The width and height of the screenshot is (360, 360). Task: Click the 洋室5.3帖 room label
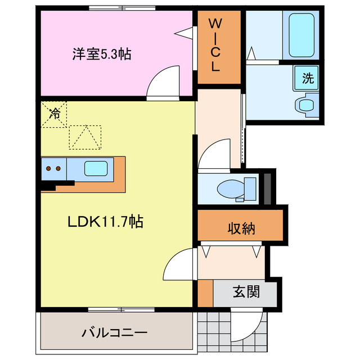[x=101, y=54]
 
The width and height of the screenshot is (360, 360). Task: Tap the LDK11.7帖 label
[x=105, y=222]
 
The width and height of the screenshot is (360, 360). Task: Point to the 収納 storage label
[x=241, y=228]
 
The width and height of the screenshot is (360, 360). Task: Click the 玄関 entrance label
[x=246, y=292]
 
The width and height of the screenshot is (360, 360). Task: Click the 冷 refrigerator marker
[x=55, y=113]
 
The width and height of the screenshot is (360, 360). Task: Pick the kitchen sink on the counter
[x=96, y=168]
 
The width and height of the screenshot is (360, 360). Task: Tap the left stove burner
[x=49, y=168]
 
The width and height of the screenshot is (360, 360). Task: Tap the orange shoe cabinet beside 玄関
[x=206, y=293]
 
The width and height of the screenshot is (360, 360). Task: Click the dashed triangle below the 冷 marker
[x=85, y=137]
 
